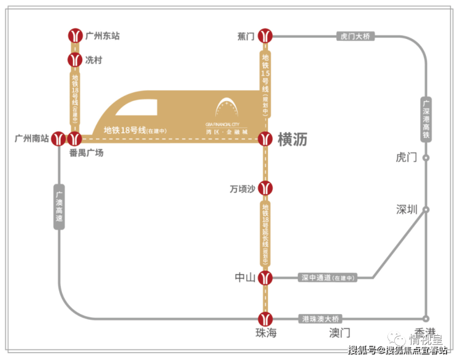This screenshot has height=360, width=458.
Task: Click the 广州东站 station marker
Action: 75,36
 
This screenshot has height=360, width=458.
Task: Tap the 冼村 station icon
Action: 75,60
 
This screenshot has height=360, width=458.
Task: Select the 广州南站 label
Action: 31,139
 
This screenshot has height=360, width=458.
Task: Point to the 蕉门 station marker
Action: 266,36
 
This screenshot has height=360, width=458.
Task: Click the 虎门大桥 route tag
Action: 355,36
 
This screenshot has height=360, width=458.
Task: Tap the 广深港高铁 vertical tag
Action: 425,118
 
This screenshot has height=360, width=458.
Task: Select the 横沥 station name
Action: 292,140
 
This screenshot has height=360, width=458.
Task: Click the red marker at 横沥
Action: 266,139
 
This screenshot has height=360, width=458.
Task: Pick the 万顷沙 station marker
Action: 266,188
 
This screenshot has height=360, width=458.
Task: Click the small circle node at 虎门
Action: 425,158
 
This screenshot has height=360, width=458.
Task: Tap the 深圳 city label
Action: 407,209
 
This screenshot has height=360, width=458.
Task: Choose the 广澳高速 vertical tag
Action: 59,207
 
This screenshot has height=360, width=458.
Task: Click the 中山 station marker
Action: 266,278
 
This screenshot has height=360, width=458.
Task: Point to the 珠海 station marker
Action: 266,318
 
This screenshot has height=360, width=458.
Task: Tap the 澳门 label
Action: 340,333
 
